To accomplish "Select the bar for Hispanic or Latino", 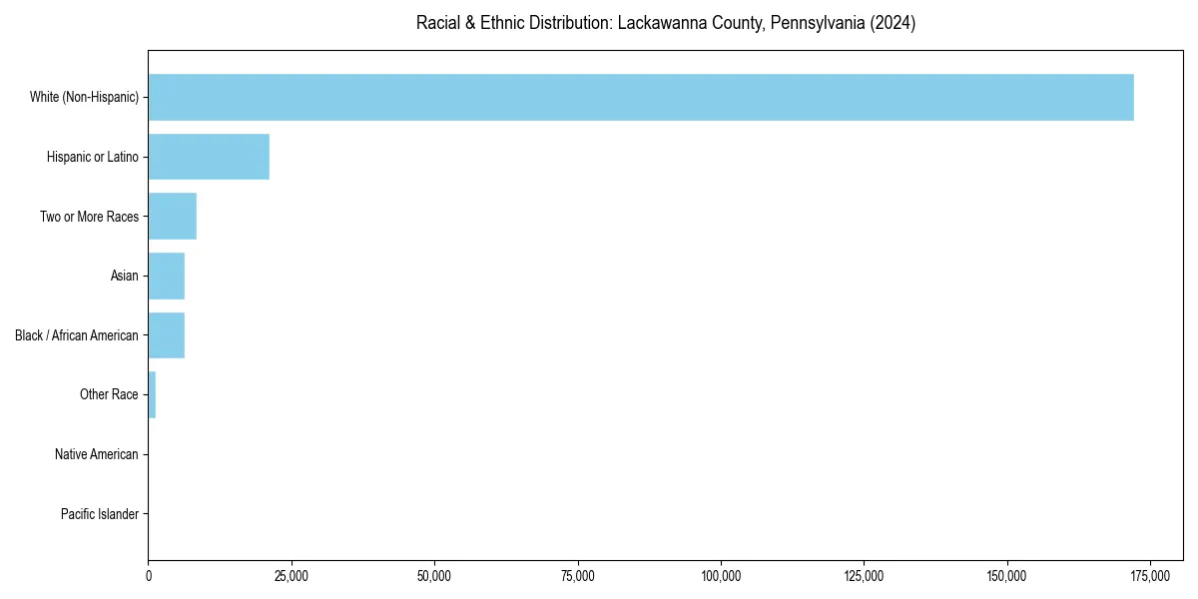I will coord(209,157).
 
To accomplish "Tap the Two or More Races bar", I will coord(172,217).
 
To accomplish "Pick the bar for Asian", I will coord(166,276).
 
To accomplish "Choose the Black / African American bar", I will coord(166,335).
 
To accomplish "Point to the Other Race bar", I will coord(152,394).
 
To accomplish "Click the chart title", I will coord(665,23).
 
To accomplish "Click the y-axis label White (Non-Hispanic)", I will coord(84,97).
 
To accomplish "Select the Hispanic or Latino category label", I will coord(92,157).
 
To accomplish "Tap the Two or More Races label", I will coord(89,217).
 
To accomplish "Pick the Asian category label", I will coord(124,276).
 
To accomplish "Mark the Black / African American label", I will coord(76,335).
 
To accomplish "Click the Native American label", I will coord(96,454).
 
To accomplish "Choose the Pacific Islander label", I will coord(99,514).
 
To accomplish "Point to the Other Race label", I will coord(109,394).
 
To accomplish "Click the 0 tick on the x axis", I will coord(149,576).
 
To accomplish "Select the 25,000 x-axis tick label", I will coord(292,576).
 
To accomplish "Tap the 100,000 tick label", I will coord(721,576).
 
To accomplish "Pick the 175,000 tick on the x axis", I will coord(1150,576).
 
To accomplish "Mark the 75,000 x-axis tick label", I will coord(578,576).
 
